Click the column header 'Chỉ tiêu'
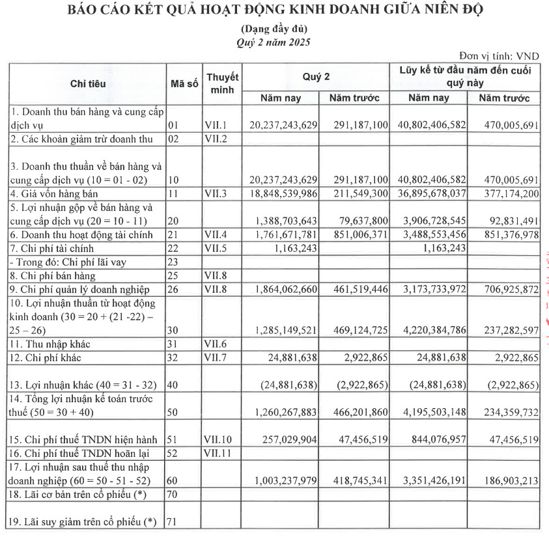[x=88, y=84]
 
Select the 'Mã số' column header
[x=184, y=84]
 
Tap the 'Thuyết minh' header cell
[x=223, y=83]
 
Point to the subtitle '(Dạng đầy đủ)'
[x=274, y=29]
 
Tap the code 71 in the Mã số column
[x=173, y=522]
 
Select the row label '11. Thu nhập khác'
[x=48, y=344]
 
